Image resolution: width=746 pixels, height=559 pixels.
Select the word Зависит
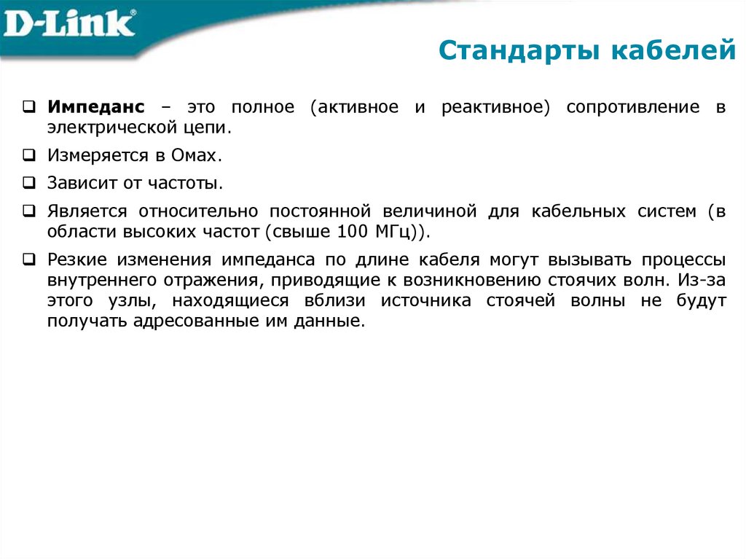point(78,183)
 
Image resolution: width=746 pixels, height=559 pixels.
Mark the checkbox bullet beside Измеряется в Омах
point(28,155)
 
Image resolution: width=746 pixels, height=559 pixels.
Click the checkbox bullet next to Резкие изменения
point(28,259)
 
